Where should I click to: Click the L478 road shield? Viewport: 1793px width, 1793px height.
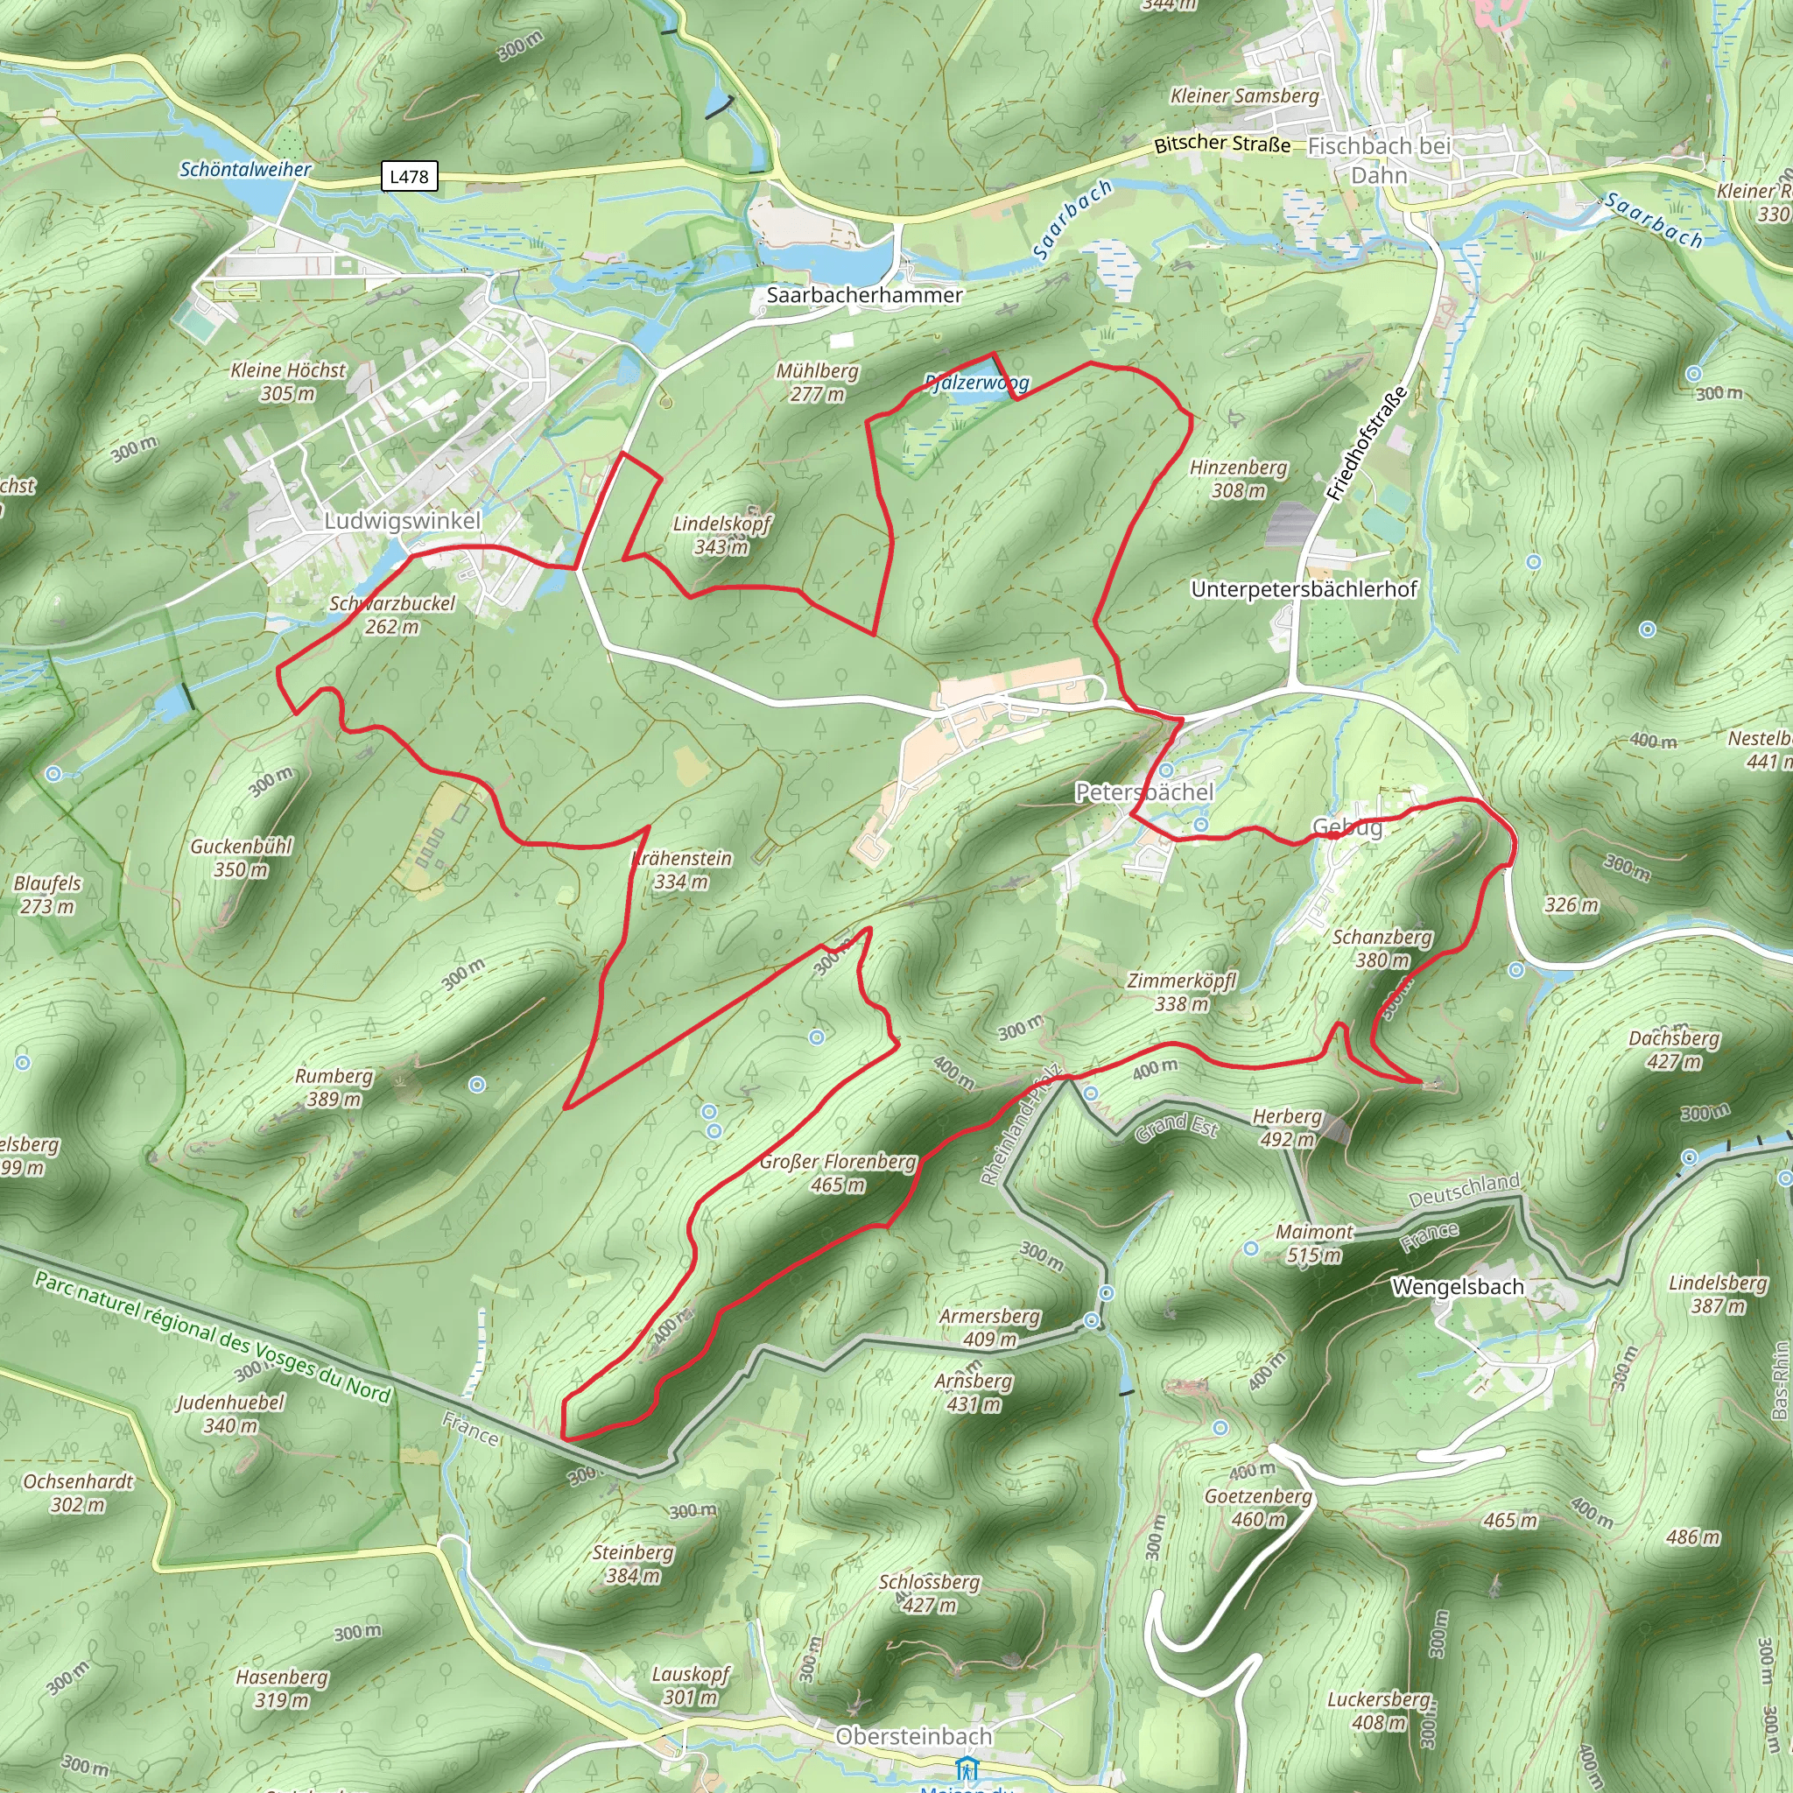(x=409, y=176)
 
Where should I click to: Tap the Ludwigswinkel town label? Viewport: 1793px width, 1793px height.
(x=402, y=521)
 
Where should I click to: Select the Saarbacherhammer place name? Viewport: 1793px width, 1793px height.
(x=864, y=295)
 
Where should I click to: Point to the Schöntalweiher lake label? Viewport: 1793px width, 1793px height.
(x=245, y=169)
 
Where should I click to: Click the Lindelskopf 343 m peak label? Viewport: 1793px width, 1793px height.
(x=721, y=535)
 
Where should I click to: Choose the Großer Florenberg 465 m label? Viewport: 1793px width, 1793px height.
(x=837, y=1173)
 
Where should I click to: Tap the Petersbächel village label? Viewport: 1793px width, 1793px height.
(x=1143, y=791)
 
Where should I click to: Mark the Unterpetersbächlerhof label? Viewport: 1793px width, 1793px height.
(x=1304, y=589)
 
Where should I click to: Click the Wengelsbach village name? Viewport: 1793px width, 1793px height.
(x=1457, y=1286)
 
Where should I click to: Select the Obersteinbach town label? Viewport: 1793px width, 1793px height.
(x=913, y=1735)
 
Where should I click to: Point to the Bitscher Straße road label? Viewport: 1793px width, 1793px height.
(x=1222, y=144)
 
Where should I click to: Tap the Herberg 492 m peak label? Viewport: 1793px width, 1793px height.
(x=1287, y=1127)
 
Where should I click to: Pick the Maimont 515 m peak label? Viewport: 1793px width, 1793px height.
(x=1314, y=1243)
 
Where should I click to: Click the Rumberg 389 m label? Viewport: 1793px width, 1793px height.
(x=334, y=1086)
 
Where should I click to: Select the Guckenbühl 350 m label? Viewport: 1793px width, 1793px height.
(x=242, y=857)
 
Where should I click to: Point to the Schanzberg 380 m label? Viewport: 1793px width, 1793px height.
(x=1382, y=948)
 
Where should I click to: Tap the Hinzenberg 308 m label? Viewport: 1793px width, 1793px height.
(x=1238, y=479)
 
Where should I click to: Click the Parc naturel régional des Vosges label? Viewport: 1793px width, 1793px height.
(x=213, y=1336)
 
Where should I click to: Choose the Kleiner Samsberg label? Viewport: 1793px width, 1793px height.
(x=1245, y=95)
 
